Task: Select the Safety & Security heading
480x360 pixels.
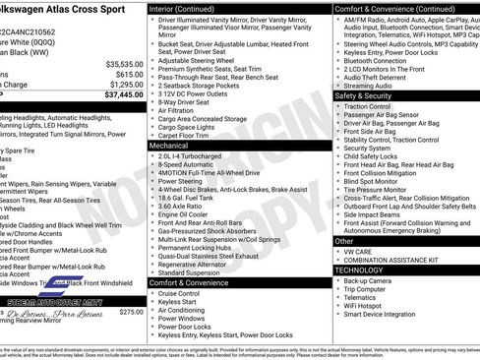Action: click(x=364, y=95)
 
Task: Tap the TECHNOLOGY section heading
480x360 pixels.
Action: click(x=358, y=269)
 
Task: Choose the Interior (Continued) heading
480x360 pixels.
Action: click(x=184, y=7)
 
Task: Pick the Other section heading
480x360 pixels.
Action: click(x=344, y=240)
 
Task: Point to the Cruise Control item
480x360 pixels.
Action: click(x=179, y=293)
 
